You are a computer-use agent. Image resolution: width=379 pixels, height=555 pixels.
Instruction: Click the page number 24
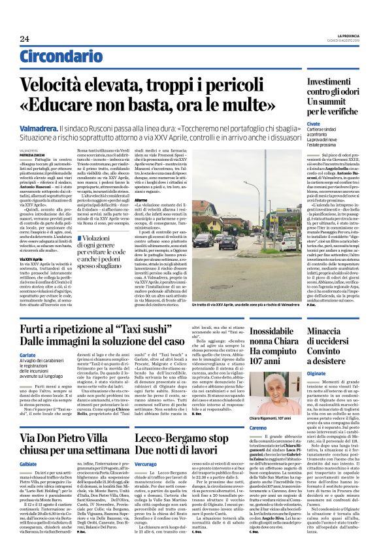pos(25,40)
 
